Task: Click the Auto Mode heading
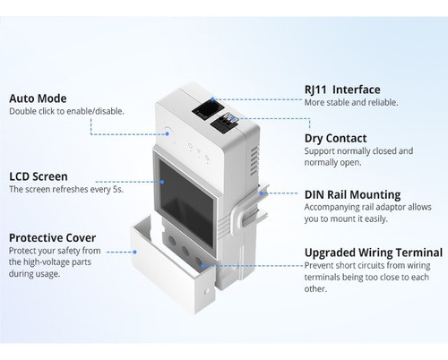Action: (38, 98)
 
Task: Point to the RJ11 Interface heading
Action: (342, 90)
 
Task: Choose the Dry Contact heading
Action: (335, 138)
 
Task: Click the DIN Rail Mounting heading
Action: (352, 194)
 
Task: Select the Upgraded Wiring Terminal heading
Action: (373, 253)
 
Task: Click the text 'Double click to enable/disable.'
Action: (66, 111)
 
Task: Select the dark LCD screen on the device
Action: (184, 187)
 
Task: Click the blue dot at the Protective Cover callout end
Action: (203, 266)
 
